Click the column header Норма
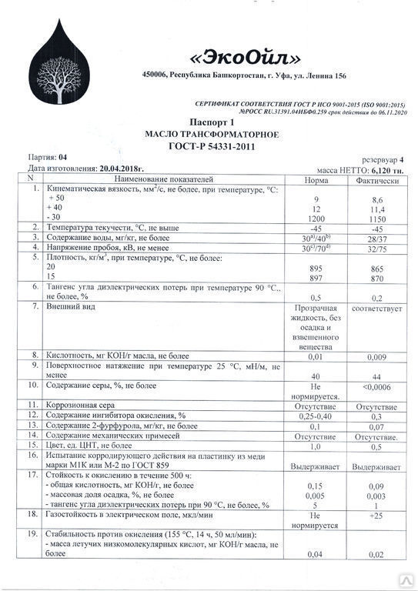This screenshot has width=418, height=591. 312,179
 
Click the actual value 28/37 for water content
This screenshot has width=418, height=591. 377,239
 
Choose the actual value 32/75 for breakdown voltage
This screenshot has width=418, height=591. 377,249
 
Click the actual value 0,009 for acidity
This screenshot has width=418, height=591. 377,356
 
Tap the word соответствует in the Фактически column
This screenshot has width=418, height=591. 377,307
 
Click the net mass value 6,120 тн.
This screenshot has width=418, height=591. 392,167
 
